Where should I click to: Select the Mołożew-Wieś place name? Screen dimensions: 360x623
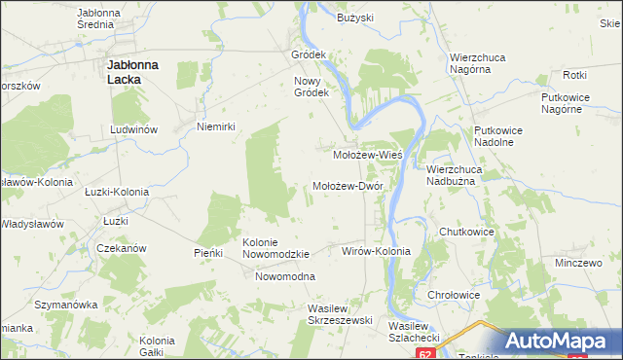point(368,154)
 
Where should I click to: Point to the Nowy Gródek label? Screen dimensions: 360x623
point(313,87)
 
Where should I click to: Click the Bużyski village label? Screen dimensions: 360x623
point(355,18)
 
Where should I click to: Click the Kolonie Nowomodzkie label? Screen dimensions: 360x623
point(275,248)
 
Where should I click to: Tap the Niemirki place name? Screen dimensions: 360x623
point(217,126)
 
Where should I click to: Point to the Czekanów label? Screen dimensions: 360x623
point(122,248)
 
